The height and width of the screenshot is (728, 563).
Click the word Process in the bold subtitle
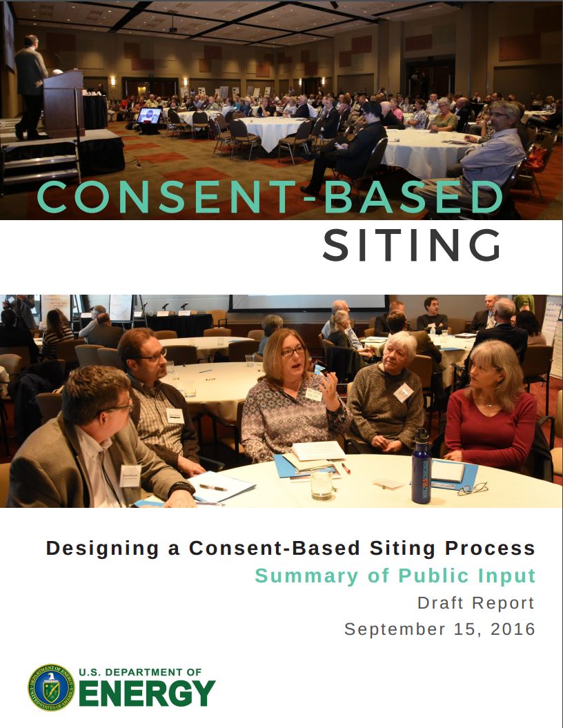pyautogui.click(x=490, y=548)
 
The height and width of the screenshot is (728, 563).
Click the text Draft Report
pyautogui.click(x=475, y=602)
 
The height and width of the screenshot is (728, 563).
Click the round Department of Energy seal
pyautogui.click(x=50, y=687)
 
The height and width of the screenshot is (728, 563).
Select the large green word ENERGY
pyautogui.click(x=148, y=693)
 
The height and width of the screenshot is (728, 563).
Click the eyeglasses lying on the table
pyautogui.click(x=473, y=489)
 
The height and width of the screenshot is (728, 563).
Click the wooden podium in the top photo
pyautogui.click(x=63, y=104)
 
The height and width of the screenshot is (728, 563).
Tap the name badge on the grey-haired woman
pyautogui.click(x=403, y=392)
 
